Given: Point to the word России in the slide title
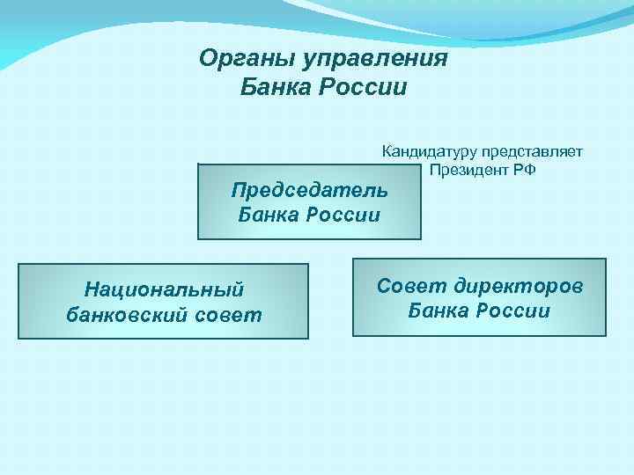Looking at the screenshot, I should (365, 88).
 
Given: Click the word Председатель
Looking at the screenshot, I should (309, 190).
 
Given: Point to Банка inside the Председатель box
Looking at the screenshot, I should (269, 214).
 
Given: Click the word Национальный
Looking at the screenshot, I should (163, 289).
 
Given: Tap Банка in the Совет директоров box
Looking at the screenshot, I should (439, 311).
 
